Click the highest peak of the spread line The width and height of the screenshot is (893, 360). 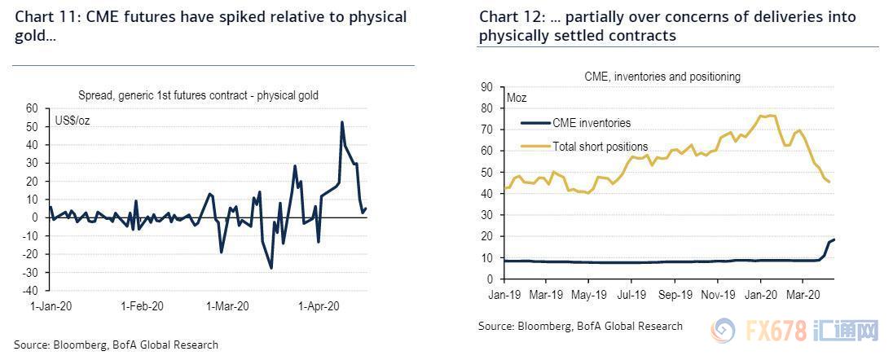(x=341, y=122)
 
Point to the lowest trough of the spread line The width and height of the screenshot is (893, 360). (x=271, y=268)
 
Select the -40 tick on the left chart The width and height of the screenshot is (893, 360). (x=30, y=290)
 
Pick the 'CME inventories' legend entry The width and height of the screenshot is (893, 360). (x=590, y=123)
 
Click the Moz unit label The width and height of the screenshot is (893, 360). (x=517, y=98)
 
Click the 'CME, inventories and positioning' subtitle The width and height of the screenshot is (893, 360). (x=662, y=77)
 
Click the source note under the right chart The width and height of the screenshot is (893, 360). (x=580, y=326)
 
